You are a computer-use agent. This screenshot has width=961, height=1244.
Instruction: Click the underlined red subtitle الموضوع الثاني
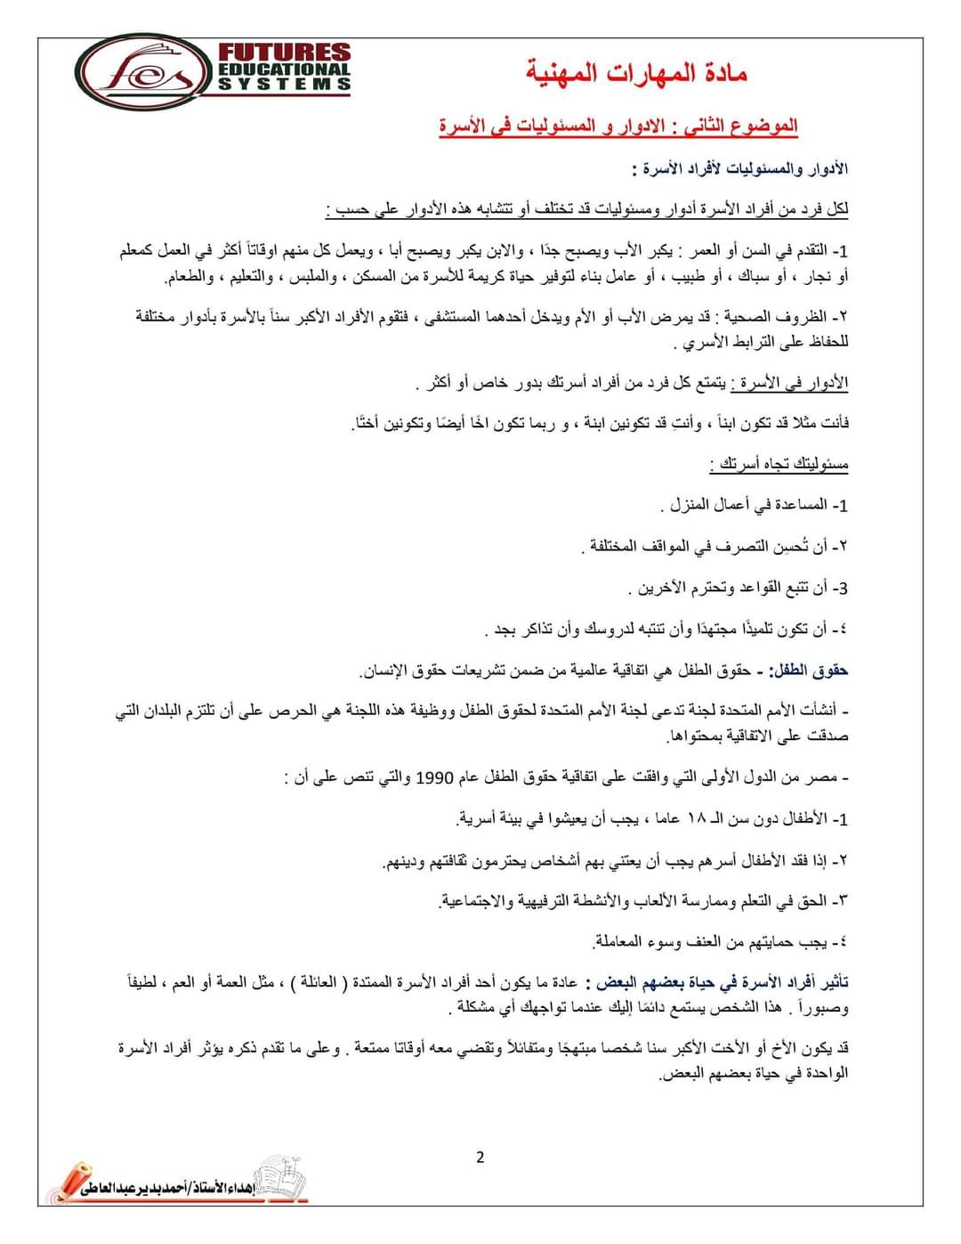[618, 126]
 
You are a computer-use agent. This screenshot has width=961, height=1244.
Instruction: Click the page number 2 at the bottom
[480, 1158]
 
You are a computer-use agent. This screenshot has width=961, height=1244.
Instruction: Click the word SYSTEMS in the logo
[285, 84]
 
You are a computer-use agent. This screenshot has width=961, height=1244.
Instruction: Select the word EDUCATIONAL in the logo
[285, 69]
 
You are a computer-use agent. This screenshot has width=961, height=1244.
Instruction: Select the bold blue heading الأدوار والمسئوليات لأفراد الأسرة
[740, 168]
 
